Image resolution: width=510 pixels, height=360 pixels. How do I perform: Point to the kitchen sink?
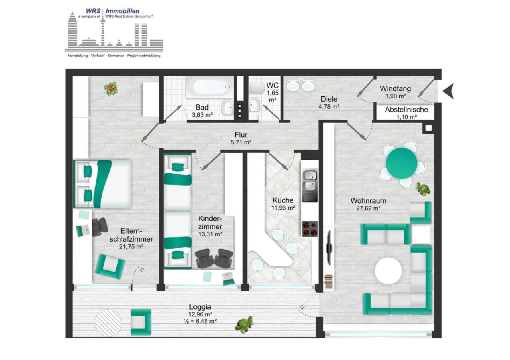[x=309, y=180]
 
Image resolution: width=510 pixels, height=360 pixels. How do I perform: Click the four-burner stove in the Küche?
[x=310, y=229]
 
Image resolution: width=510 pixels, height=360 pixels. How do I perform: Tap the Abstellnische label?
[x=406, y=110]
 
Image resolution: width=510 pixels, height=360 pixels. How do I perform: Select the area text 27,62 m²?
[x=365, y=208]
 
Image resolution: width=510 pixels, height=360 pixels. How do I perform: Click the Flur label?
[x=241, y=135]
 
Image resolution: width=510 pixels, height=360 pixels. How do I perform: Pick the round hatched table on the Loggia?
[x=108, y=322]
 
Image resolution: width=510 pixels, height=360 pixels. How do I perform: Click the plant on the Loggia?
[x=245, y=324]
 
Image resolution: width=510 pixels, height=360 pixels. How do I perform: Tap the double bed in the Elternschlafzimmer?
[x=102, y=184]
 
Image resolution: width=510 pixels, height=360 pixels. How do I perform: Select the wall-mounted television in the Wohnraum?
[x=329, y=247]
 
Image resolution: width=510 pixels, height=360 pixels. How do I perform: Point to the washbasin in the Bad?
[x=228, y=107]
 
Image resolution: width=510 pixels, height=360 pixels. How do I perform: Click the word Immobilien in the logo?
[x=122, y=11]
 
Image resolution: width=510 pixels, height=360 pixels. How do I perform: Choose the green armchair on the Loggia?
[x=141, y=322]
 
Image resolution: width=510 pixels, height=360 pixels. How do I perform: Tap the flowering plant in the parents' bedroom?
[x=111, y=88]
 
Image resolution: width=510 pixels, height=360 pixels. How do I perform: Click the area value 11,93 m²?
[x=283, y=208]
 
